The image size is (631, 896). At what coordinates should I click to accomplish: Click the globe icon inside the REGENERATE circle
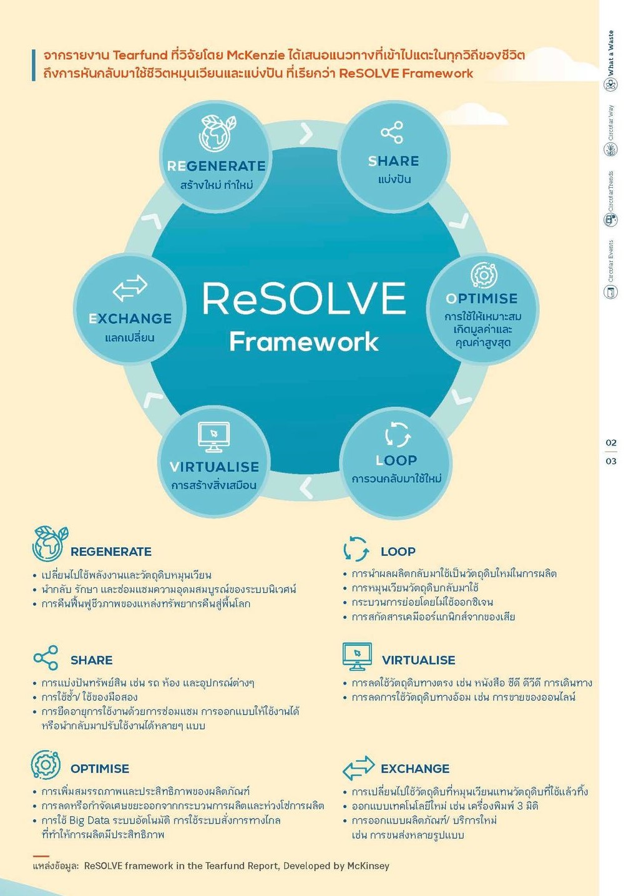[x=217, y=134]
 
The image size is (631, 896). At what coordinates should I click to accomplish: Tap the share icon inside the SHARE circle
[x=392, y=132]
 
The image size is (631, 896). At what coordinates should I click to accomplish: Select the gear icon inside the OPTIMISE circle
[x=484, y=275]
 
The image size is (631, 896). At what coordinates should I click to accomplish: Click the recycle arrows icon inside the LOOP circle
[x=398, y=434]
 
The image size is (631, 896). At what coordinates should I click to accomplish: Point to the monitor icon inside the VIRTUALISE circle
[x=213, y=437]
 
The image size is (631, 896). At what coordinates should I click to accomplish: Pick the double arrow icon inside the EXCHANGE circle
[x=130, y=288]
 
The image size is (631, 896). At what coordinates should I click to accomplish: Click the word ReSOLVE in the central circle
[x=304, y=298]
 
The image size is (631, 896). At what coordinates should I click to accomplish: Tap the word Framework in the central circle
[x=304, y=342]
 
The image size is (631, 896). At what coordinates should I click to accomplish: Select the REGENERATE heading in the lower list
[x=111, y=552]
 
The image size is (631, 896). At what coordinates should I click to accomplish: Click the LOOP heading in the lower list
[x=398, y=552]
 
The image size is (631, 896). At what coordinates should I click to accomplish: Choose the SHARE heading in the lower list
[x=91, y=660]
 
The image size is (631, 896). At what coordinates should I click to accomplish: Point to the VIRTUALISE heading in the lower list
[x=418, y=660]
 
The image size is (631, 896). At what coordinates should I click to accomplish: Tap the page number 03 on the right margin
[x=610, y=461]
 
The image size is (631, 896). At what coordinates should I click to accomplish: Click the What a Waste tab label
[x=610, y=53]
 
